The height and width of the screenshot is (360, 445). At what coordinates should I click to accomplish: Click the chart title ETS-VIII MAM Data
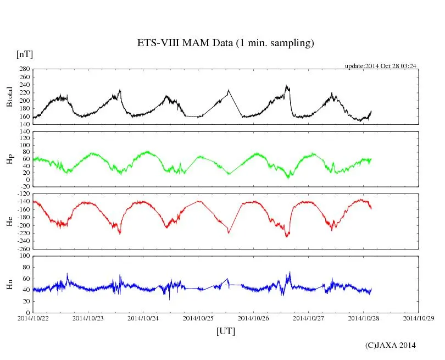click(x=225, y=43)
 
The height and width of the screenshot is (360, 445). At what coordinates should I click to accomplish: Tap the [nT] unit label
click(x=25, y=54)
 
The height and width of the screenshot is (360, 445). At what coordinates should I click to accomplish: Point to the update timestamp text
click(x=380, y=66)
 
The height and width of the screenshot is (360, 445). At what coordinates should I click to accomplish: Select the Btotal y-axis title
click(x=10, y=97)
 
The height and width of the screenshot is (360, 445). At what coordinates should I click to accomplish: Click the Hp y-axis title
click(x=10, y=159)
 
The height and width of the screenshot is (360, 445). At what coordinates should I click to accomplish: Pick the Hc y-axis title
click(x=10, y=221)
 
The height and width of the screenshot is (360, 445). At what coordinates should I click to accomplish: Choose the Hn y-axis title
click(x=10, y=284)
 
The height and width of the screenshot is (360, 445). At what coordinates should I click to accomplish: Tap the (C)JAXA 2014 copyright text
click(x=391, y=345)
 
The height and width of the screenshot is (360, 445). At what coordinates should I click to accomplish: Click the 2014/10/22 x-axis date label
click(x=33, y=318)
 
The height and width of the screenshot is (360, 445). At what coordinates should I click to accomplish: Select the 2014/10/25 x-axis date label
click(x=198, y=318)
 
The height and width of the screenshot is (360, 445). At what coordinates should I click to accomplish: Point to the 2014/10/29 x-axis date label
click(x=419, y=318)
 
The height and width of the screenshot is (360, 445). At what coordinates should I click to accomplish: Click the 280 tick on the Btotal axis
click(x=24, y=69)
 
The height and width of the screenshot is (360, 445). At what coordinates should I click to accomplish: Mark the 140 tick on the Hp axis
click(x=24, y=132)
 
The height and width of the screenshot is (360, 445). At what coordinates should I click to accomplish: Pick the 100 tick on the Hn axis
click(x=24, y=256)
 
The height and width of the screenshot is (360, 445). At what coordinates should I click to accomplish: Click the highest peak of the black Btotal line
click(x=286, y=85)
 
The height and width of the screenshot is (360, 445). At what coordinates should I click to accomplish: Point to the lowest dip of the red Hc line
click(x=286, y=237)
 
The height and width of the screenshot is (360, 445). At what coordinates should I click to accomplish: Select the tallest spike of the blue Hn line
click(x=290, y=271)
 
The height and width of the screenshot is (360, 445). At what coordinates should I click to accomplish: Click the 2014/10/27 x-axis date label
click(x=309, y=318)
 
